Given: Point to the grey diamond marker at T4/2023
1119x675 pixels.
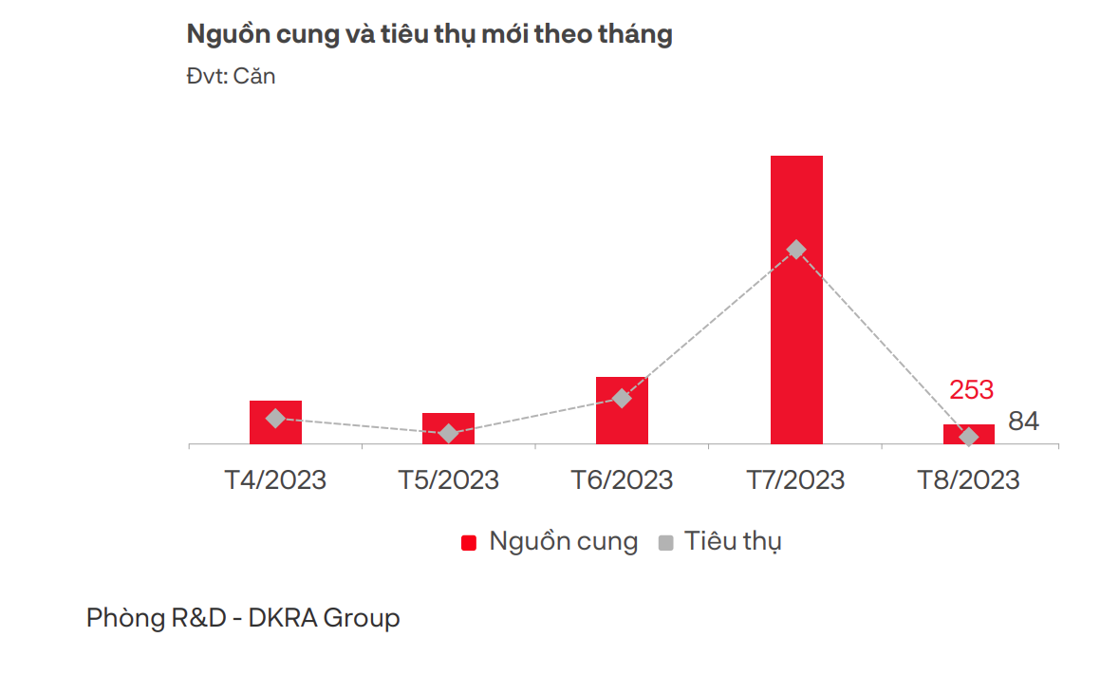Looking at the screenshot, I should tap(275, 418).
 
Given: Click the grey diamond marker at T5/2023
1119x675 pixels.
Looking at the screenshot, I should tap(449, 434).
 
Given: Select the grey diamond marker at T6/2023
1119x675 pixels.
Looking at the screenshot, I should tap(622, 398).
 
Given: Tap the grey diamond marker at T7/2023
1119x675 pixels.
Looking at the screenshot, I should tap(796, 250).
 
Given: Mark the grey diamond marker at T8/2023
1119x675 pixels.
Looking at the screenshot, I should tap(969, 437).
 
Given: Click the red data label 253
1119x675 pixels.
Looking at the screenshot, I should tap(971, 390).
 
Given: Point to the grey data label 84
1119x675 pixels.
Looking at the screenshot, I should tap(1023, 422).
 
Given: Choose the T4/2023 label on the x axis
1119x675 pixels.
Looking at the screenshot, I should tap(275, 480).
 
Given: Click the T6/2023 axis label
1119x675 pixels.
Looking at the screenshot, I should tap(622, 480).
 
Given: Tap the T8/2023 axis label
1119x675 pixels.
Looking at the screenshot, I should tap(968, 480).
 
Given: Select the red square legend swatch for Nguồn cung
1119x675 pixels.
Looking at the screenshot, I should tap(468, 543).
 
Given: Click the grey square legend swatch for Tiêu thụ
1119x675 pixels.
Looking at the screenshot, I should tap(665, 543).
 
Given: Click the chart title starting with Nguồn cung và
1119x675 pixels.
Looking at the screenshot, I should tap(429, 35).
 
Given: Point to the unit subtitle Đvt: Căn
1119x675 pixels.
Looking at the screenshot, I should tap(231, 76).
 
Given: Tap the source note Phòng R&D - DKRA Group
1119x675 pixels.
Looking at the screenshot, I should tap(243, 618).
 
